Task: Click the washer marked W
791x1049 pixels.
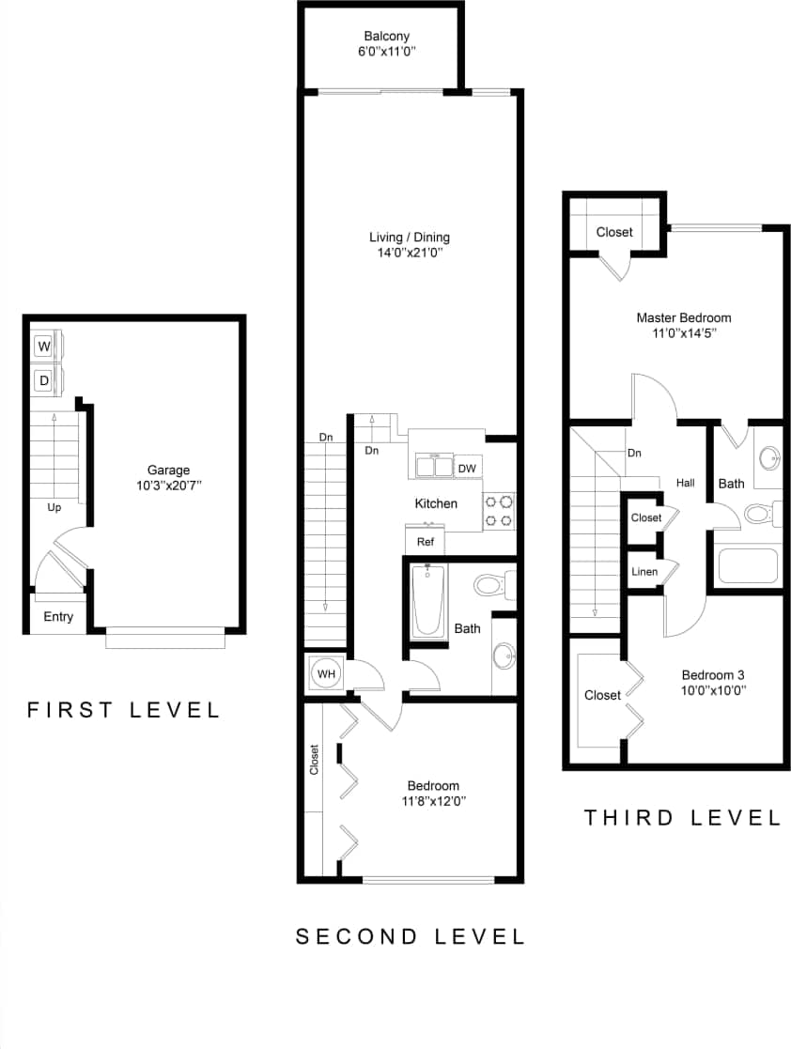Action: (44, 347)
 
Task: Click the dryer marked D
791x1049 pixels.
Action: (44, 380)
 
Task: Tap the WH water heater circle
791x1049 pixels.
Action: (325, 673)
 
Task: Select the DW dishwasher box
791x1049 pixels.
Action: (467, 468)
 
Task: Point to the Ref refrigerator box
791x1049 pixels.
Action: (425, 541)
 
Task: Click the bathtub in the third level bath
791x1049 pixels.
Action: (748, 566)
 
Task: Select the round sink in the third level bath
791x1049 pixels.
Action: (769, 458)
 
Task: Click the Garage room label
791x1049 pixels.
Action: (168, 470)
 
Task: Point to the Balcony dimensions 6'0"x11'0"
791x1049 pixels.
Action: (386, 53)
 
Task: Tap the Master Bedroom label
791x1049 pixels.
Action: (683, 317)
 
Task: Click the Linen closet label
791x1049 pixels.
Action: (644, 571)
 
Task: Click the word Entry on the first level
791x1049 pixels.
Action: (58, 617)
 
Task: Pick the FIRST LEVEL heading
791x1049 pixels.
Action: (123, 710)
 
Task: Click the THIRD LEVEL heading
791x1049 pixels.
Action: (682, 818)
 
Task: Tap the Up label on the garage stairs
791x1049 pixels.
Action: (54, 507)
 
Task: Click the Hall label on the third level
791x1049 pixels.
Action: (686, 483)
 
